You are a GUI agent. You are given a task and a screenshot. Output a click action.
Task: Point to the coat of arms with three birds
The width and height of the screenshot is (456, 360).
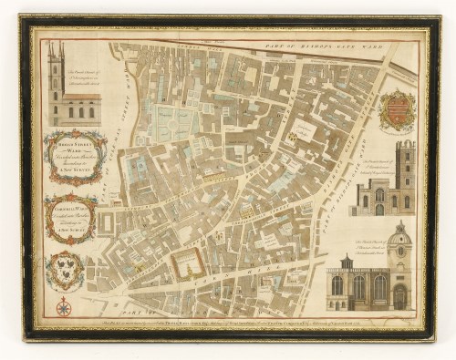coord(66,270)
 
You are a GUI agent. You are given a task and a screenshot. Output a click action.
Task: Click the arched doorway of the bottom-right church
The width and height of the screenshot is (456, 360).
coord(399,297)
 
